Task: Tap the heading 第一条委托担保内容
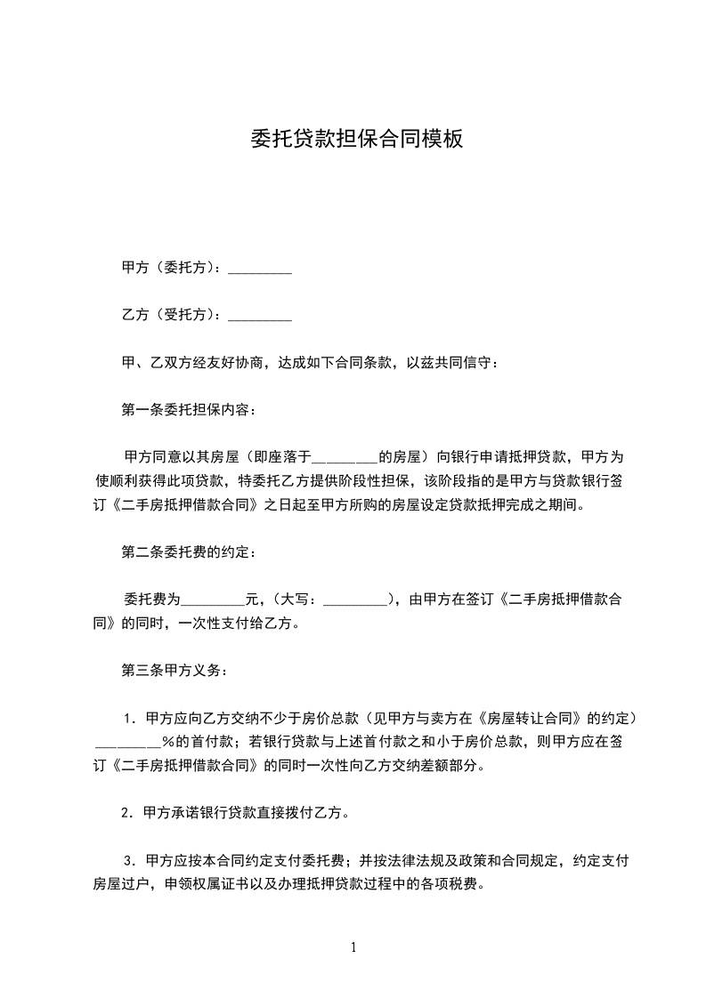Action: pyautogui.click(x=189, y=410)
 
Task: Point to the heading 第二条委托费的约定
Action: pyautogui.click(x=189, y=552)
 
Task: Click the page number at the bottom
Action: pyautogui.click(x=353, y=947)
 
